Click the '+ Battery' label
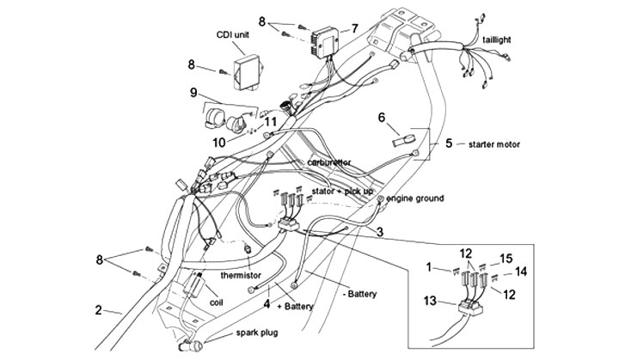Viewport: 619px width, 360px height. point(291,305)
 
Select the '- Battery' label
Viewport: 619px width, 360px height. point(361,294)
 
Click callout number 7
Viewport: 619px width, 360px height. point(353,27)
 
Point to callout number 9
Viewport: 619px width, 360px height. point(194,92)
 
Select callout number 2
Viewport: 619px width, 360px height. point(99,311)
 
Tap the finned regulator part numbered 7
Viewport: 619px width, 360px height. point(322,38)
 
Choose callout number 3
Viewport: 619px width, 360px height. point(379,230)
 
